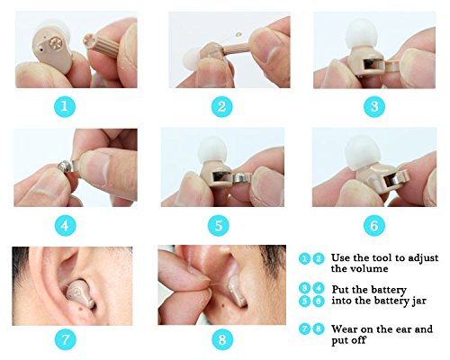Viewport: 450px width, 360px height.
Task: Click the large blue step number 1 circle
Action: (x=65, y=106)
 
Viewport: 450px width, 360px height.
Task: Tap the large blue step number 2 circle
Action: (x=222, y=106)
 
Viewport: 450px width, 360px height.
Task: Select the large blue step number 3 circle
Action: (x=374, y=106)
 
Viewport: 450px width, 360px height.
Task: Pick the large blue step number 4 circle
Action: (x=65, y=226)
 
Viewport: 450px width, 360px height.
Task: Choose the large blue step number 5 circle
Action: (x=219, y=226)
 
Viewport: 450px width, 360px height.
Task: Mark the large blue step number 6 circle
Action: (x=374, y=226)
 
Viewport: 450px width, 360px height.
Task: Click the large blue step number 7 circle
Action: (x=65, y=339)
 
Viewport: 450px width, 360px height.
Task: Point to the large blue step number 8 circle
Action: (x=222, y=339)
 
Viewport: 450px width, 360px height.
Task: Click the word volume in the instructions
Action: (x=369, y=268)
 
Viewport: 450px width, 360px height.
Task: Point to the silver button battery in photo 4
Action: (x=65, y=166)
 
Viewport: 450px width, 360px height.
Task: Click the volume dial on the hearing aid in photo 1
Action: (x=56, y=43)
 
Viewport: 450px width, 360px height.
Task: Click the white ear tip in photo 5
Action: (x=212, y=150)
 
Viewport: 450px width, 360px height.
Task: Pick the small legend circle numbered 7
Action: (x=304, y=329)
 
